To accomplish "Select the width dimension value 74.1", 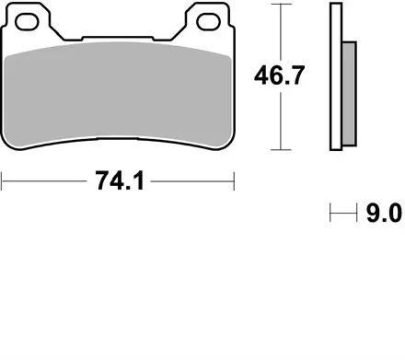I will coord(119,180).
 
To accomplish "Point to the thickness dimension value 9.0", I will coord(383,215).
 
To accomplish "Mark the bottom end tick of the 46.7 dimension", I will coord(279,150).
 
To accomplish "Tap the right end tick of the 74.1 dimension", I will coord(235,180).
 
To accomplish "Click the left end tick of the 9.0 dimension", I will coord(330,215).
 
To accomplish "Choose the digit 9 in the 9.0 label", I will coord(372,215).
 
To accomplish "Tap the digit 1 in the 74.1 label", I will coord(137,180).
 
